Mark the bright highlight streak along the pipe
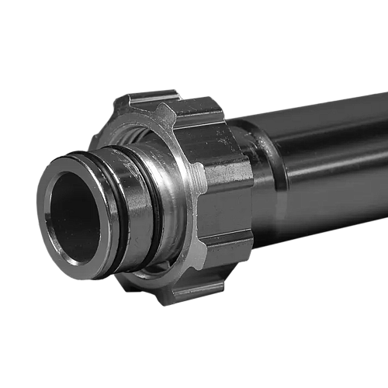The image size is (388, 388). pos(326,140)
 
